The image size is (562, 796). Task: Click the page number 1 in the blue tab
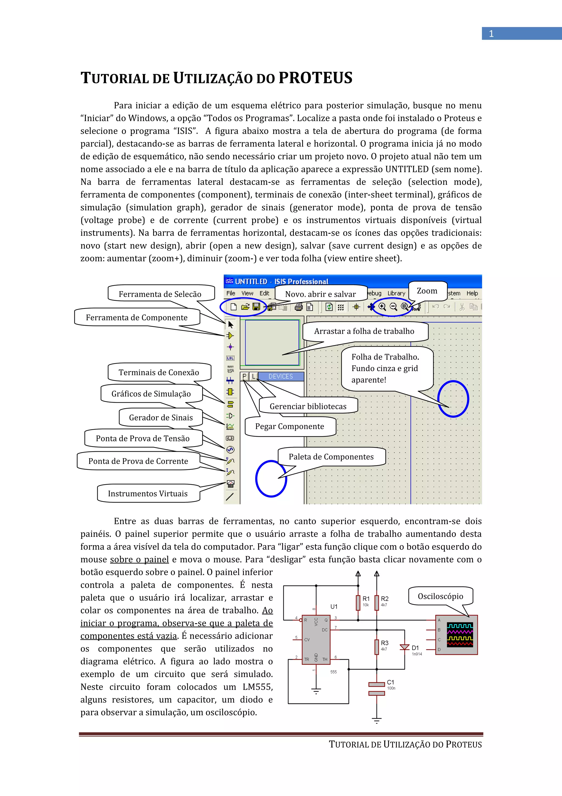(x=491, y=34)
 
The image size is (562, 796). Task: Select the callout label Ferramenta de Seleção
(x=160, y=294)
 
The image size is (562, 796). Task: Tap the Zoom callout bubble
(x=427, y=291)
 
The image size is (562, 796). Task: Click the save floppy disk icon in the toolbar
(x=256, y=307)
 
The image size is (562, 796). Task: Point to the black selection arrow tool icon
(x=231, y=324)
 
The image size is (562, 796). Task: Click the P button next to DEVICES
(x=245, y=376)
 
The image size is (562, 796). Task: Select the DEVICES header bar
(x=280, y=376)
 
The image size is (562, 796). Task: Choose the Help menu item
(x=472, y=293)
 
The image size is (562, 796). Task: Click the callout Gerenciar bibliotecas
(x=308, y=406)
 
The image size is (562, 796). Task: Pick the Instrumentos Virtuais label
(x=148, y=493)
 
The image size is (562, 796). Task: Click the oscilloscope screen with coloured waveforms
(x=459, y=635)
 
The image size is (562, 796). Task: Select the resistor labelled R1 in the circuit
(x=358, y=603)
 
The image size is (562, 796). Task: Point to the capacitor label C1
(x=390, y=682)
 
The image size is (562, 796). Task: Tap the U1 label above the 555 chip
(x=334, y=606)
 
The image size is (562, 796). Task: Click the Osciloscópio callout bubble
(x=440, y=596)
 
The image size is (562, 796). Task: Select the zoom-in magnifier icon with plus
(x=382, y=307)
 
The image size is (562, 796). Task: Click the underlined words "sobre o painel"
(x=139, y=559)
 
